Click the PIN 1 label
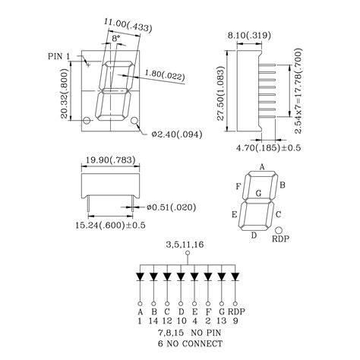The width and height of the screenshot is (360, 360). [x=60, y=56]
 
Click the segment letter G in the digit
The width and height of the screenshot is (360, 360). [x=258, y=194]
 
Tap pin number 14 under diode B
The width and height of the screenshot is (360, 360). [x=153, y=321]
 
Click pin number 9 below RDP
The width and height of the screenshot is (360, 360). [x=236, y=321]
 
